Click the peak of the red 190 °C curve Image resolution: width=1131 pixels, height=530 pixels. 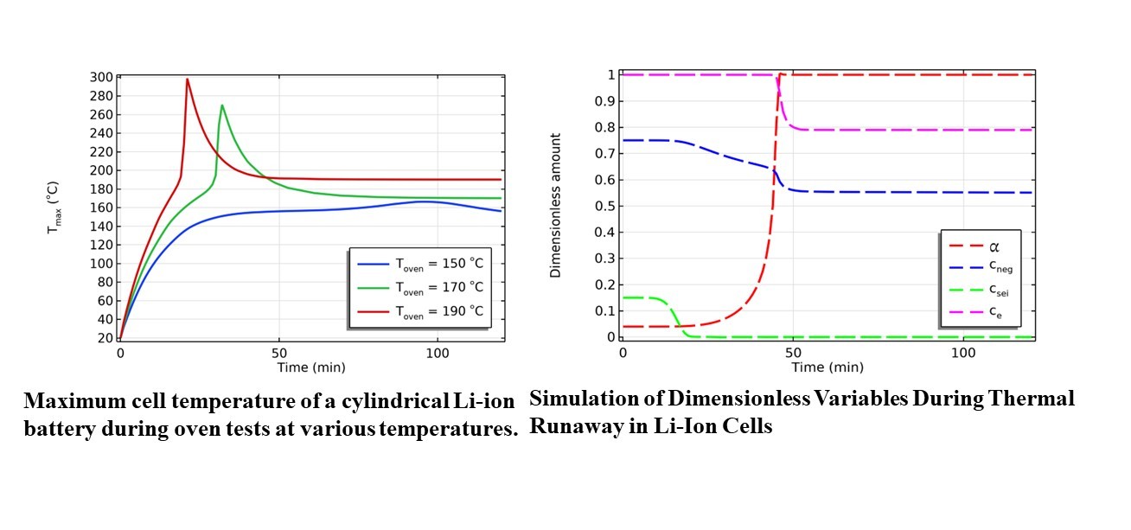pyautogui.click(x=187, y=79)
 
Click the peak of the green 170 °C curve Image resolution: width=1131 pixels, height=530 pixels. pyautogui.click(x=222, y=105)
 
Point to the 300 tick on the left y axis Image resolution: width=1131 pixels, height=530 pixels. pyautogui.click(x=101, y=77)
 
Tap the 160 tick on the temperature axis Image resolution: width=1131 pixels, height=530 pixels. pyautogui.click(x=101, y=208)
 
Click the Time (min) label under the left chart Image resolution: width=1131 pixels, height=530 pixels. pyautogui.click(x=310, y=367)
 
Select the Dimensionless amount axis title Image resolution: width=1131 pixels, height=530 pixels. pyautogui.click(x=556, y=206)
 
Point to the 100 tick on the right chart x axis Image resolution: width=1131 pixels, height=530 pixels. pyautogui.click(x=963, y=354)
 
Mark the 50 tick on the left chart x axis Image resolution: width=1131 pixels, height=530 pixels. pyautogui.click(x=279, y=354)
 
